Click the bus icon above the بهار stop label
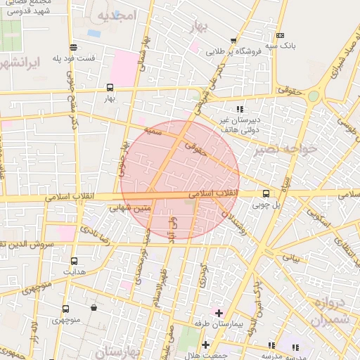click(109, 88)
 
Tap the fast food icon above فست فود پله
click(94, 47)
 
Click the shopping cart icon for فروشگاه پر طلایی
click(233, 40)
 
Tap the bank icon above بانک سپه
click(280, 35)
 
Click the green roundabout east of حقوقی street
click(313, 96)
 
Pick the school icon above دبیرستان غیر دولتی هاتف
click(240, 109)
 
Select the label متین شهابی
click(131, 207)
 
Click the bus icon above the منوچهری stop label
click(65, 309)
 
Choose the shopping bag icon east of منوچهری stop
click(94, 308)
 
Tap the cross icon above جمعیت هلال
click(205, 345)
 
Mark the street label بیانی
click(292, 259)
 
